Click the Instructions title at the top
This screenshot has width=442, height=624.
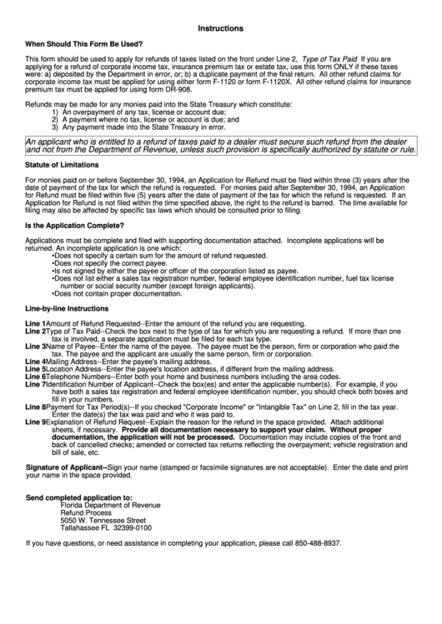(221, 27)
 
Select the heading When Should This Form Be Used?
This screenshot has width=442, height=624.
(83, 43)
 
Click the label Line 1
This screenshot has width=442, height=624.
(35, 322)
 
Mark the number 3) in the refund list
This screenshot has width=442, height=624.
(55, 128)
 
